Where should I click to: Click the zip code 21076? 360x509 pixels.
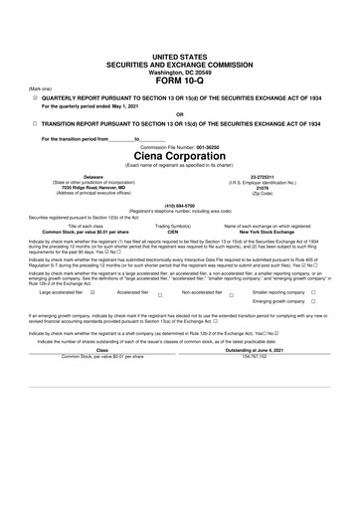pos(270,188)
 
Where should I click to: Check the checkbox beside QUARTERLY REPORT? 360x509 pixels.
pos(36,71)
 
